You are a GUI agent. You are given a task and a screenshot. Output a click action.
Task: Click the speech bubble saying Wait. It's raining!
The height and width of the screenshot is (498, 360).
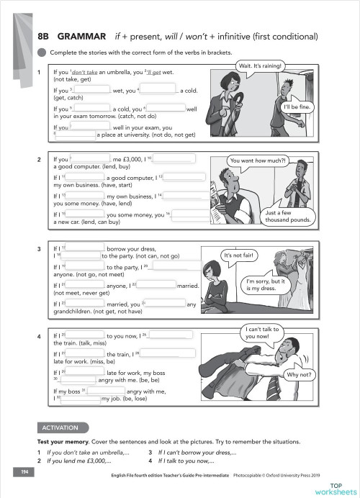(261, 67)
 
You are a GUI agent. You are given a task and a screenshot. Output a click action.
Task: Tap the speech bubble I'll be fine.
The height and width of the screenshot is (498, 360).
(296, 107)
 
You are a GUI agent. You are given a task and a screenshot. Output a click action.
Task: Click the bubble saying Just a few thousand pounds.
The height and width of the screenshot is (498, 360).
(287, 216)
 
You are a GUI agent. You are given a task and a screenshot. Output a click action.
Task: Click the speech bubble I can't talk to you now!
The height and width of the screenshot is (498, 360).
(259, 333)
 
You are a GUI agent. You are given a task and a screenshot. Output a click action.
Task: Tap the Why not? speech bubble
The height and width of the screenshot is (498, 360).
(298, 375)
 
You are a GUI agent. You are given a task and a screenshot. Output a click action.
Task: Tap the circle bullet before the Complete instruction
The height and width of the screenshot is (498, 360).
(42, 52)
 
